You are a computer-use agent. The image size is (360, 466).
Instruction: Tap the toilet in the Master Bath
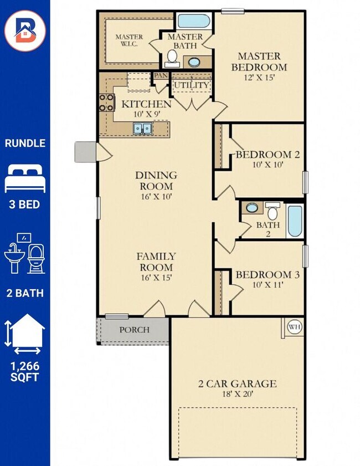pyautogui.click(x=172, y=59)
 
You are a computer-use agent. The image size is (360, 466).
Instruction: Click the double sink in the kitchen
pyautogui.click(x=142, y=129)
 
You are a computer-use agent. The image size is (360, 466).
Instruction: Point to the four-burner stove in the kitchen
pyautogui.click(x=107, y=103)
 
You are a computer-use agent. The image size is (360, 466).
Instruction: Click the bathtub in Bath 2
pyautogui.click(x=295, y=221)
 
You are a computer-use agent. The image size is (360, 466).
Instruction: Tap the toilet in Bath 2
pyautogui.click(x=272, y=211)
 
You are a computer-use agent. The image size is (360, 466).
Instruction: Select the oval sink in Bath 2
pyautogui.click(x=252, y=208)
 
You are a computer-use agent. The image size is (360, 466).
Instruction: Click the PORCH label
pyautogui.click(x=135, y=330)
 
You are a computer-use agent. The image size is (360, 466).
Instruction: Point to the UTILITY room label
pyautogui.click(x=192, y=85)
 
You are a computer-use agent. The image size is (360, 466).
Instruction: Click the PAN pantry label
pyautogui.click(x=161, y=75)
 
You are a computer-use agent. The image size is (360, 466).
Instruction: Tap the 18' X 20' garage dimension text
pyautogui.click(x=238, y=394)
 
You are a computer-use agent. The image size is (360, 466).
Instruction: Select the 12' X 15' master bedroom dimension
pyautogui.click(x=259, y=78)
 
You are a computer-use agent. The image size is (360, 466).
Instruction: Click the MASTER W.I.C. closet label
pyautogui.click(x=129, y=40)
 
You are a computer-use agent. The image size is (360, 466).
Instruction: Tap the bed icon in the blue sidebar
pyautogui.click(x=25, y=178)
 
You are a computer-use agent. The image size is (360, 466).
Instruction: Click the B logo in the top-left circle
pyautogui.click(x=25, y=30)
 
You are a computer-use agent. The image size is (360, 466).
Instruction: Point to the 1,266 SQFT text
pyautogui.click(x=25, y=371)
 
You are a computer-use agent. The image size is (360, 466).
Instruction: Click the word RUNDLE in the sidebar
pyautogui.click(x=25, y=144)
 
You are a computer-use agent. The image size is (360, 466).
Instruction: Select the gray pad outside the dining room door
pyautogui.click(x=85, y=152)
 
